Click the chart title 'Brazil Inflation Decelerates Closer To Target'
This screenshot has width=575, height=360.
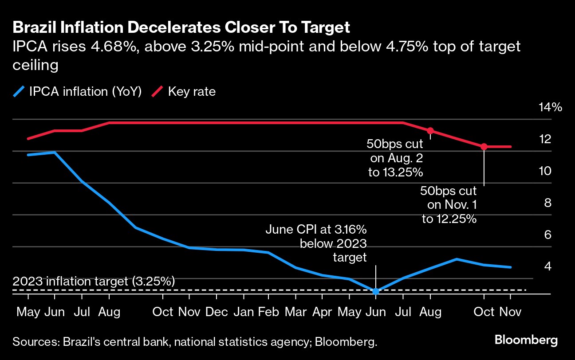pyautogui.click(x=181, y=28)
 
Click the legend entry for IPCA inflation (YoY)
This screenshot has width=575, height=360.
pyautogui.click(x=78, y=92)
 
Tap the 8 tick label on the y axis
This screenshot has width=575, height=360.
pyautogui.click(x=547, y=203)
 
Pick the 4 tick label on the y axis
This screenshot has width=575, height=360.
pyautogui.click(x=547, y=266)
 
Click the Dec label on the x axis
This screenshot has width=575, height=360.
pyautogui.click(x=217, y=312)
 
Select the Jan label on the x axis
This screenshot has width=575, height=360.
pyautogui.click(x=244, y=312)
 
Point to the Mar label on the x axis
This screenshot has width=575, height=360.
pyautogui.click(x=296, y=312)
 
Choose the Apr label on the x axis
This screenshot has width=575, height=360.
pyautogui.click(x=323, y=312)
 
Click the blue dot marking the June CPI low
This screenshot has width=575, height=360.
pyautogui.click(x=376, y=291)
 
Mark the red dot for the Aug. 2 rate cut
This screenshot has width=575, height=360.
pyautogui.click(x=430, y=131)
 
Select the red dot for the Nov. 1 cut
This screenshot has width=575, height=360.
pyautogui.click(x=484, y=146)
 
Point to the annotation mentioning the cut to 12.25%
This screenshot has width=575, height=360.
pyautogui.click(x=449, y=205)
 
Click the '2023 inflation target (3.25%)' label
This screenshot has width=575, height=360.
pyautogui.click(x=94, y=281)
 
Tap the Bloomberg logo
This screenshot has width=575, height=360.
pyautogui.click(x=526, y=340)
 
